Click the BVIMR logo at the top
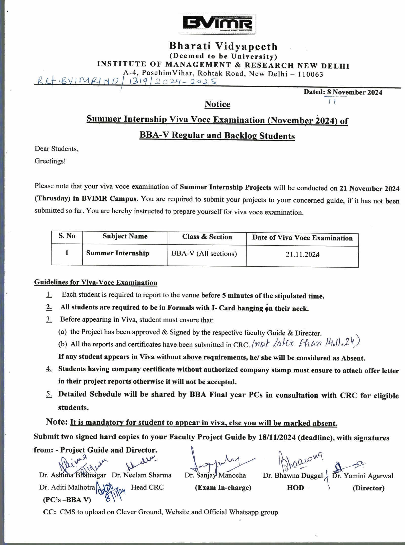tap(218, 24)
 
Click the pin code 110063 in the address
tap(310, 74)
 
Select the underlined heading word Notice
tap(217, 104)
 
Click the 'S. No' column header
tap(67, 236)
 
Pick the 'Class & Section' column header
tap(207, 237)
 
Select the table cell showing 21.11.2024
tap(302, 254)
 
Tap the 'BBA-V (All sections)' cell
tap(204, 254)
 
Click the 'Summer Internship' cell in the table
tap(118, 253)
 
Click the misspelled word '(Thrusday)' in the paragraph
tap(52, 198)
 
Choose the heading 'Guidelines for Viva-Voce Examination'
tap(96, 283)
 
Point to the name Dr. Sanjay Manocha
tap(215, 475)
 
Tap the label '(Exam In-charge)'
tap(223, 487)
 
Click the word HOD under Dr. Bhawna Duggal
tap(295, 488)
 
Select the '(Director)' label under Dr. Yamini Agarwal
tap(368, 488)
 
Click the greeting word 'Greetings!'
tap(50, 161)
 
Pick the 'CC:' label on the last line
tap(50, 512)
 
